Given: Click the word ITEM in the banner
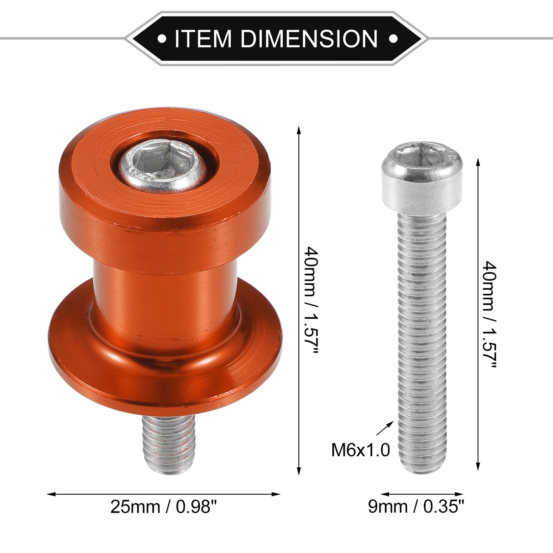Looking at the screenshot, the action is (x=203, y=39).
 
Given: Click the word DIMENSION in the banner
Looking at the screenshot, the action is (x=309, y=39).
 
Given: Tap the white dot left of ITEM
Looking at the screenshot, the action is (x=162, y=39).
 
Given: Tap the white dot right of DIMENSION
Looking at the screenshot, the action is (x=393, y=39).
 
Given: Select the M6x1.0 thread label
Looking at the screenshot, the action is (x=361, y=450).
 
